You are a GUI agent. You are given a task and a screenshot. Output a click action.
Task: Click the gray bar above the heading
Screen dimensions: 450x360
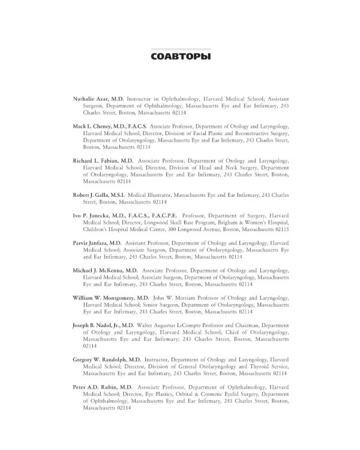[x=180, y=48]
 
